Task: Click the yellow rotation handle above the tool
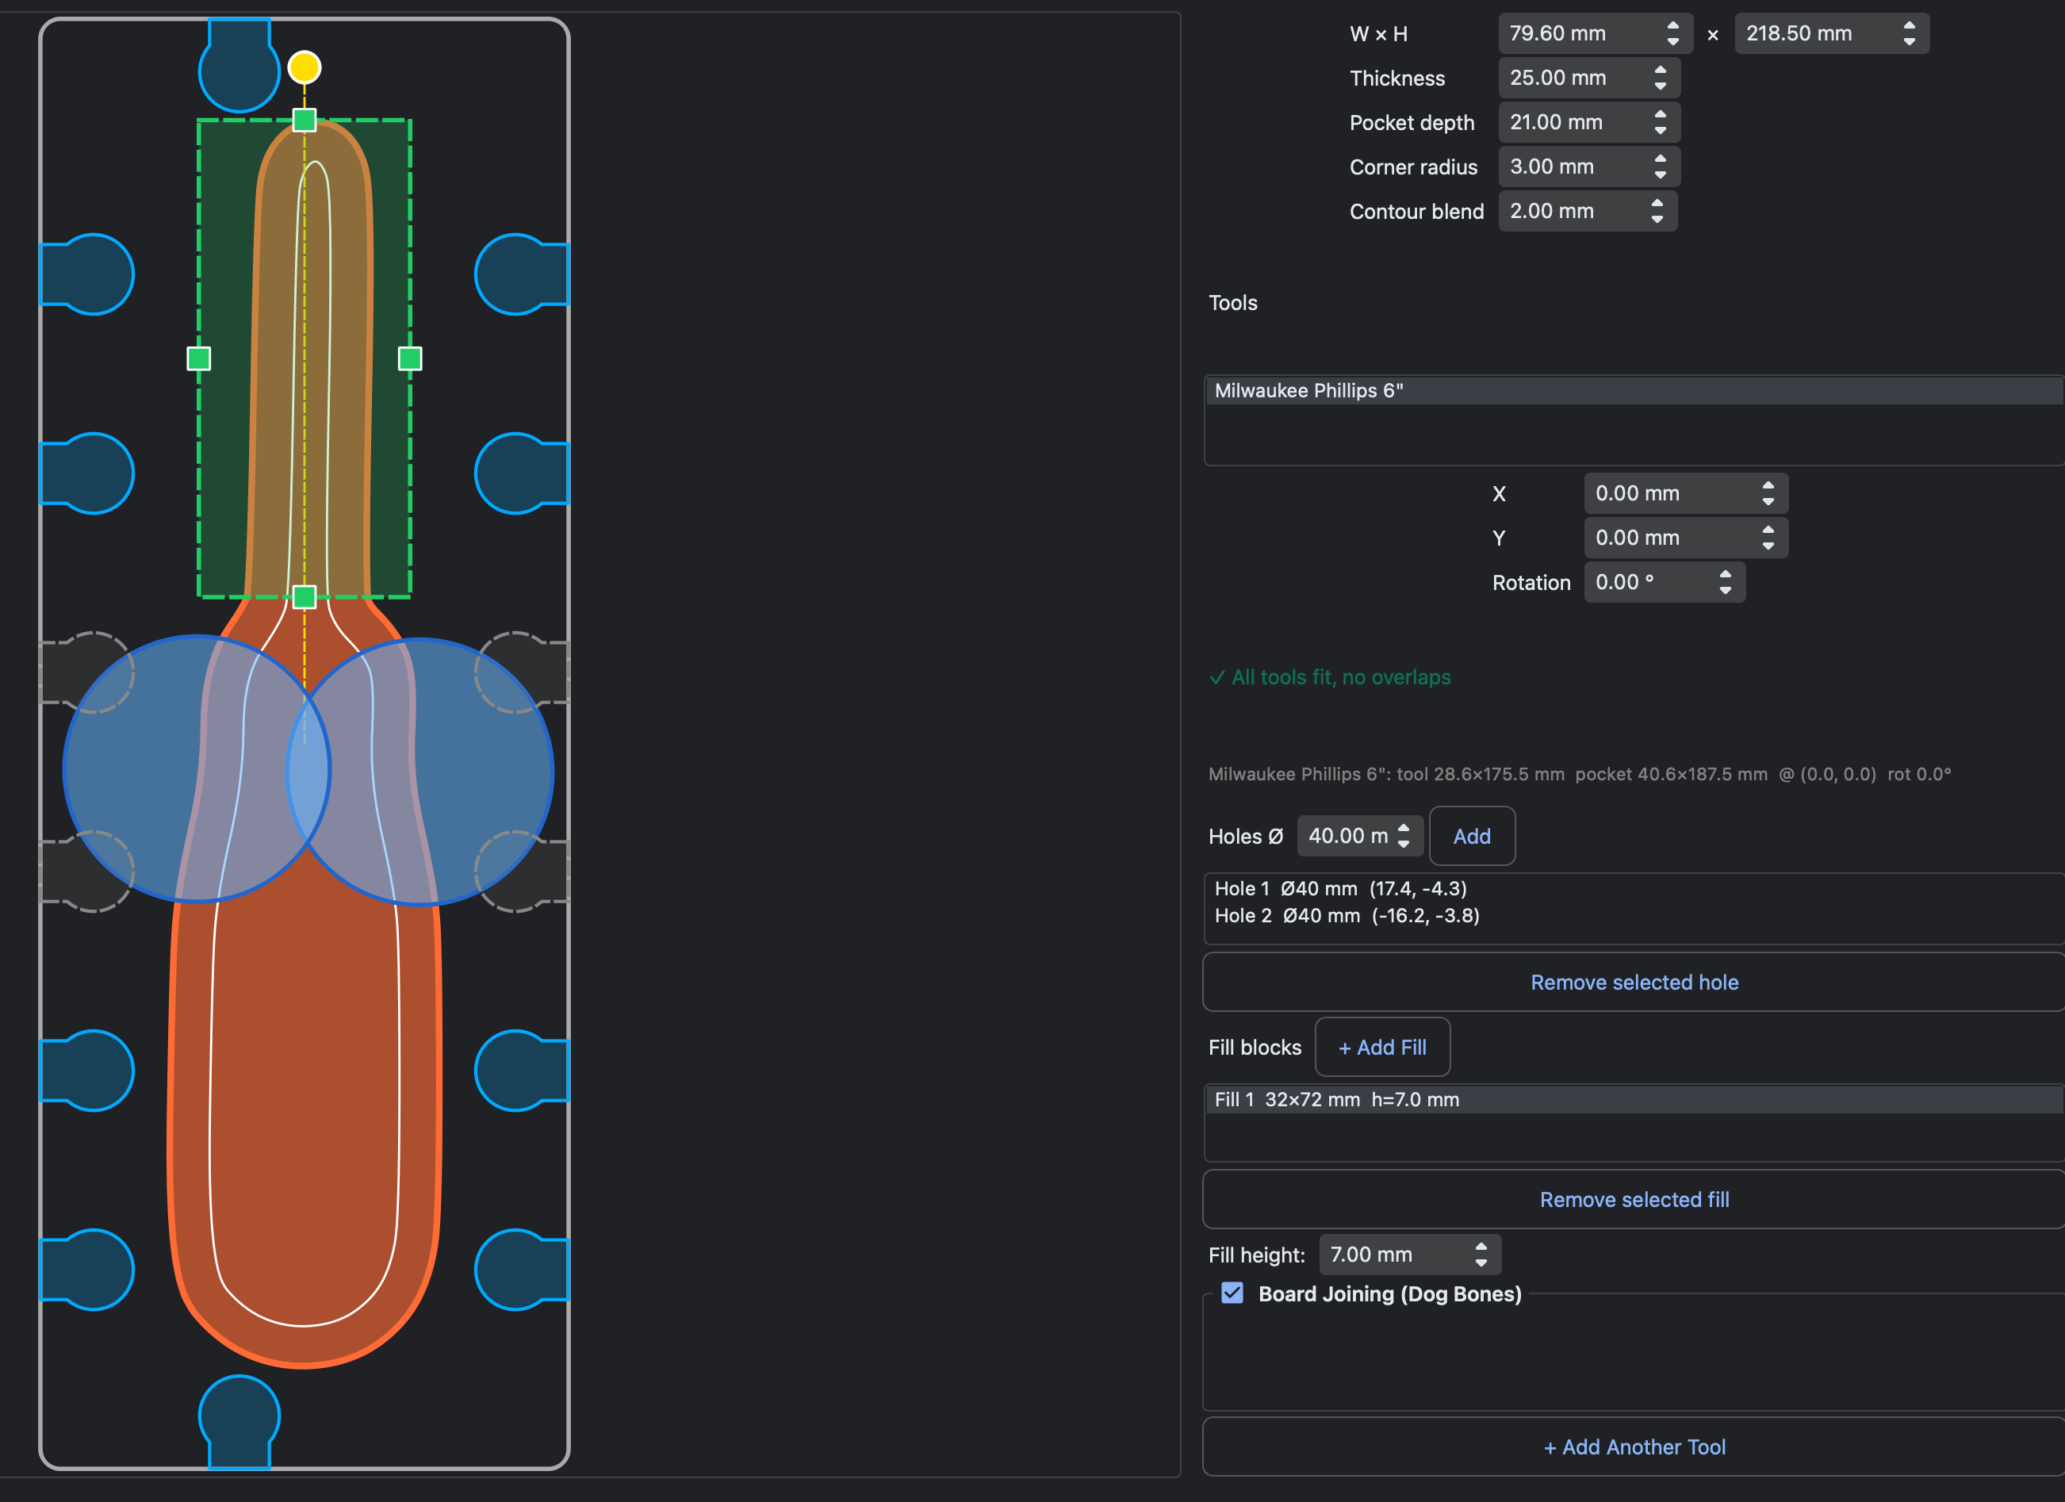[304, 67]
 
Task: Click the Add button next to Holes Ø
[1471, 836]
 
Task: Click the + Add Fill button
[1382, 1047]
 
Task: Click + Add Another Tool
[1634, 1446]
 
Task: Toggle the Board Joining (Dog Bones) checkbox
[1232, 1293]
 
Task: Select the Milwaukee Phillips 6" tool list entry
[1308, 390]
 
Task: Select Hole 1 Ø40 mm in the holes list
[1340, 888]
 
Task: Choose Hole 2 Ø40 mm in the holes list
[1347, 916]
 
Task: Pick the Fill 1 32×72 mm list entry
[1336, 1100]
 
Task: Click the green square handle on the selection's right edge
[410, 358]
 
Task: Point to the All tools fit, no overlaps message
[1329, 677]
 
